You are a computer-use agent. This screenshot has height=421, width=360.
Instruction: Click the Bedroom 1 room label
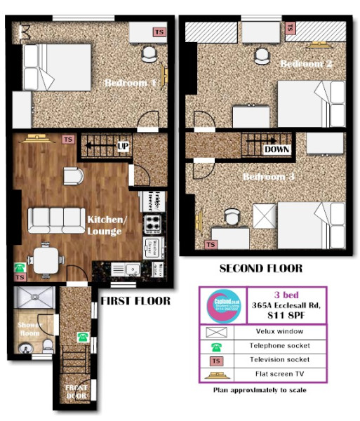pyautogui.click(x=131, y=83)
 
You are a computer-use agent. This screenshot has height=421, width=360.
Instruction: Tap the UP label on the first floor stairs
pyautogui.click(x=123, y=147)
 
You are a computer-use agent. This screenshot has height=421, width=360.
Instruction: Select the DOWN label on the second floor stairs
pyautogui.click(x=278, y=149)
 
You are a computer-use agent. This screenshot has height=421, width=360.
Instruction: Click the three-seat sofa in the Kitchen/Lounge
pyautogui.click(x=55, y=220)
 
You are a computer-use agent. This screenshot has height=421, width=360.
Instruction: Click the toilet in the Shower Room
pyautogui.click(x=46, y=345)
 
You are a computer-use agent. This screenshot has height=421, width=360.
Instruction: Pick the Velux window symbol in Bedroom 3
pyautogui.click(x=265, y=214)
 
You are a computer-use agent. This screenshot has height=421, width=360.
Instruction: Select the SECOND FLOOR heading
pyautogui.click(x=260, y=268)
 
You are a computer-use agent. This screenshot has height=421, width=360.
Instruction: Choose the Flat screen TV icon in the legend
pyautogui.click(x=225, y=374)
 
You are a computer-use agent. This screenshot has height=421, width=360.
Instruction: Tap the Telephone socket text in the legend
pyautogui.click(x=288, y=346)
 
